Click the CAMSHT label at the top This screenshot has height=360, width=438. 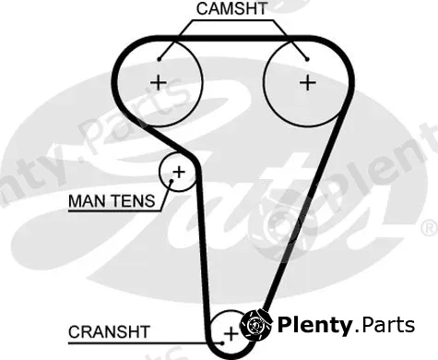click(x=231, y=8)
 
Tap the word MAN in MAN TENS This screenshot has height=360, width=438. click(x=87, y=201)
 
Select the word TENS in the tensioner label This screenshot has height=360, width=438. click(x=133, y=201)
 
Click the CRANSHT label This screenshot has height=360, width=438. click(x=109, y=332)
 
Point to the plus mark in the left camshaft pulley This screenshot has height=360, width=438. click(x=159, y=82)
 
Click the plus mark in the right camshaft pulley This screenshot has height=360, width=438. click(x=308, y=82)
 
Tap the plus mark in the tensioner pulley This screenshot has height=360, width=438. click(x=179, y=172)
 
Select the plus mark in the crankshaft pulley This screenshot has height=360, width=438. click(x=231, y=334)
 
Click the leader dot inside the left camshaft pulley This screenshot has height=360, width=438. click(x=159, y=59)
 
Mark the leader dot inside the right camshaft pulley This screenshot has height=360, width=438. click(x=307, y=59)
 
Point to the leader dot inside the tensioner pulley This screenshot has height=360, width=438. click(x=172, y=181)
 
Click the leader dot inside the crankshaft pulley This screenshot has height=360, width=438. click(x=222, y=342)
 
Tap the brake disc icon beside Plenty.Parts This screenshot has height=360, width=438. click(x=255, y=325)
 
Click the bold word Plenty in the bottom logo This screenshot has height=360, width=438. click(x=314, y=326)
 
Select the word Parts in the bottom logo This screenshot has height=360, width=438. click(x=388, y=325)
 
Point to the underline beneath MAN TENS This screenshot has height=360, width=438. click(x=114, y=211)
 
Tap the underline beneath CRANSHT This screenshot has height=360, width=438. click(x=145, y=342)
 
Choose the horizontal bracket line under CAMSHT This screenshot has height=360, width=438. click(x=233, y=21)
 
